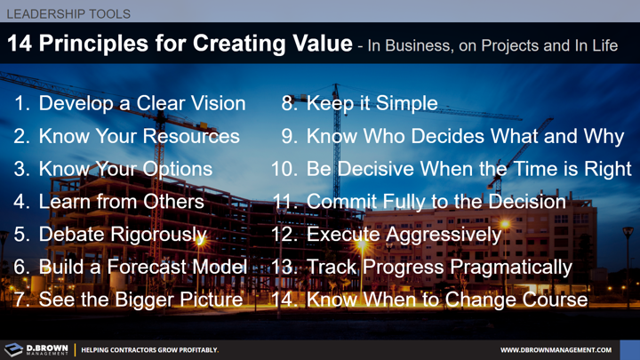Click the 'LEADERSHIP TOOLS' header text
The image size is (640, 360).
(68, 14)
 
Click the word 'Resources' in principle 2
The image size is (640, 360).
(195, 136)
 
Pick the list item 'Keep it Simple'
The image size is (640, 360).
(371, 103)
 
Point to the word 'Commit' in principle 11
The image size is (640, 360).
(339, 202)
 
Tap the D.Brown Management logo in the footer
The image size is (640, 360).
(36, 349)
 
